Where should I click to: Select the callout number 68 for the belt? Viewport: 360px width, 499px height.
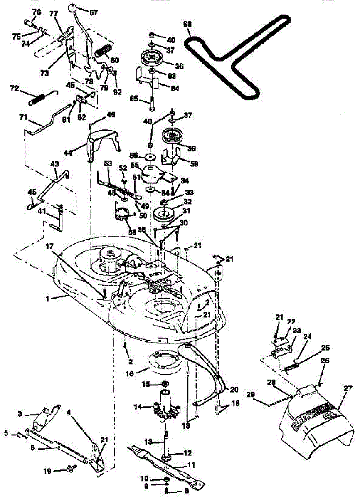[x=188, y=25]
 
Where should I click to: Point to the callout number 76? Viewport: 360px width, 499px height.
[x=37, y=12]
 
